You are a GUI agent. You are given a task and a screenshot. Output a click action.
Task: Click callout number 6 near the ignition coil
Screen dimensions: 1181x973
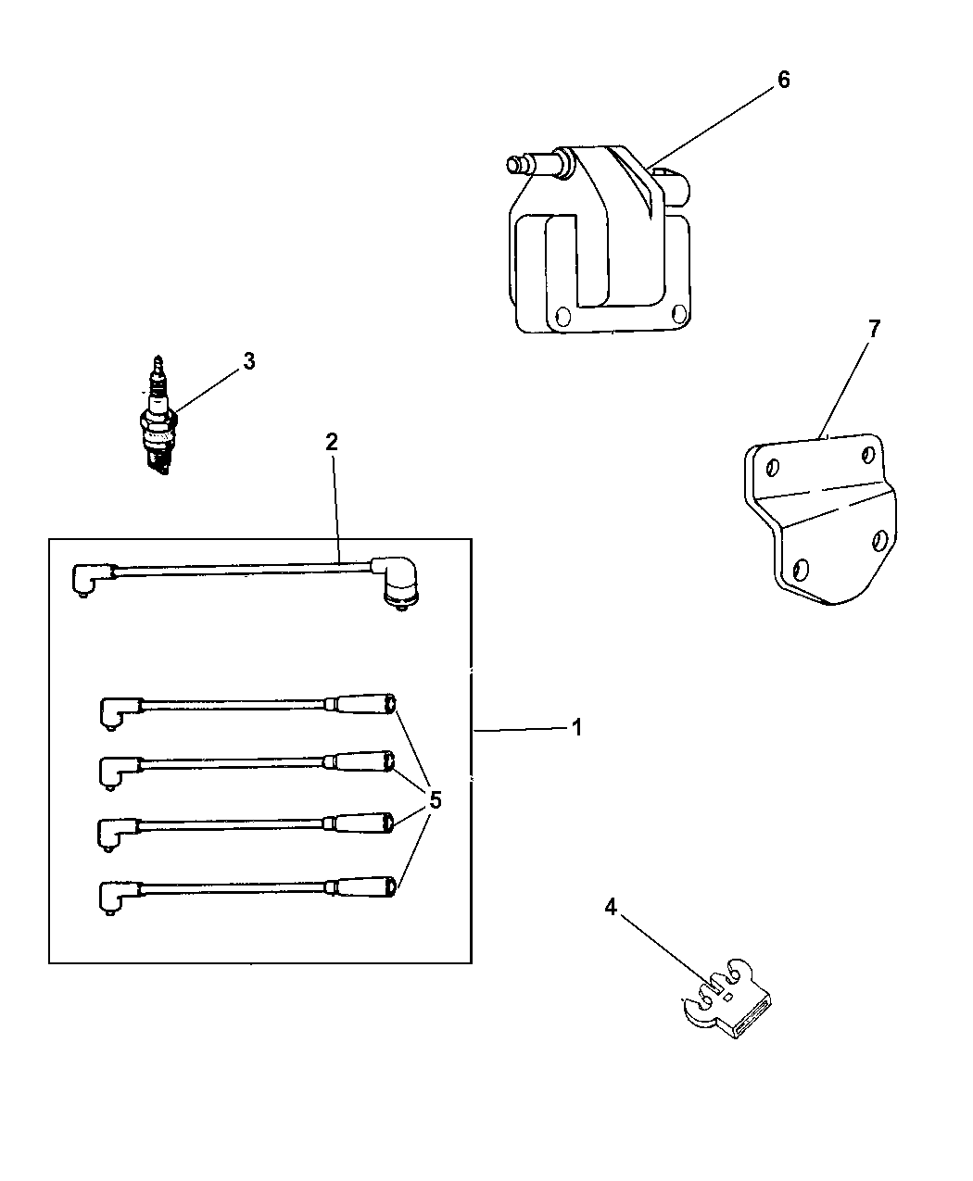pyautogui.click(x=783, y=80)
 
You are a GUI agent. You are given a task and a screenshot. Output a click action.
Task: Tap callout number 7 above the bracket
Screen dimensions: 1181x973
pyautogui.click(x=873, y=328)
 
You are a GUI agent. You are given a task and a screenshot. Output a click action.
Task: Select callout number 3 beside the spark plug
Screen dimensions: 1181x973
pyautogui.click(x=248, y=361)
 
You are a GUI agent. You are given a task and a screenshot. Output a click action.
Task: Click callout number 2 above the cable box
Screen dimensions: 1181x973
pyautogui.click(x=331, y=442)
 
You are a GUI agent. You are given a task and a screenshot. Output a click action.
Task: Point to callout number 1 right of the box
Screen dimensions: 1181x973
pyautogui.click(x=576, y=728)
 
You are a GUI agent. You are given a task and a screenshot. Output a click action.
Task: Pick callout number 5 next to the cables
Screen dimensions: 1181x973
pyautogui.click(x=436, y=799)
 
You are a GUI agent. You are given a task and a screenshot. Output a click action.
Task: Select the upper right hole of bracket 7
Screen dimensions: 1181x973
pyautogui.click(x=868, y=454)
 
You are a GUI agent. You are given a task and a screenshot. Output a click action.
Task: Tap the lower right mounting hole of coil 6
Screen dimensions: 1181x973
pyautogui.click(x=678, y=312)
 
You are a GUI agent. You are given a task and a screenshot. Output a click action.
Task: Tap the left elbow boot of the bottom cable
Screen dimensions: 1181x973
pyautogui.click(x=115, y=897)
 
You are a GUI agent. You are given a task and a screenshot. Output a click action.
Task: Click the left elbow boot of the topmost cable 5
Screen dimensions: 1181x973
pyautogui.click(x=117, y=712)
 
